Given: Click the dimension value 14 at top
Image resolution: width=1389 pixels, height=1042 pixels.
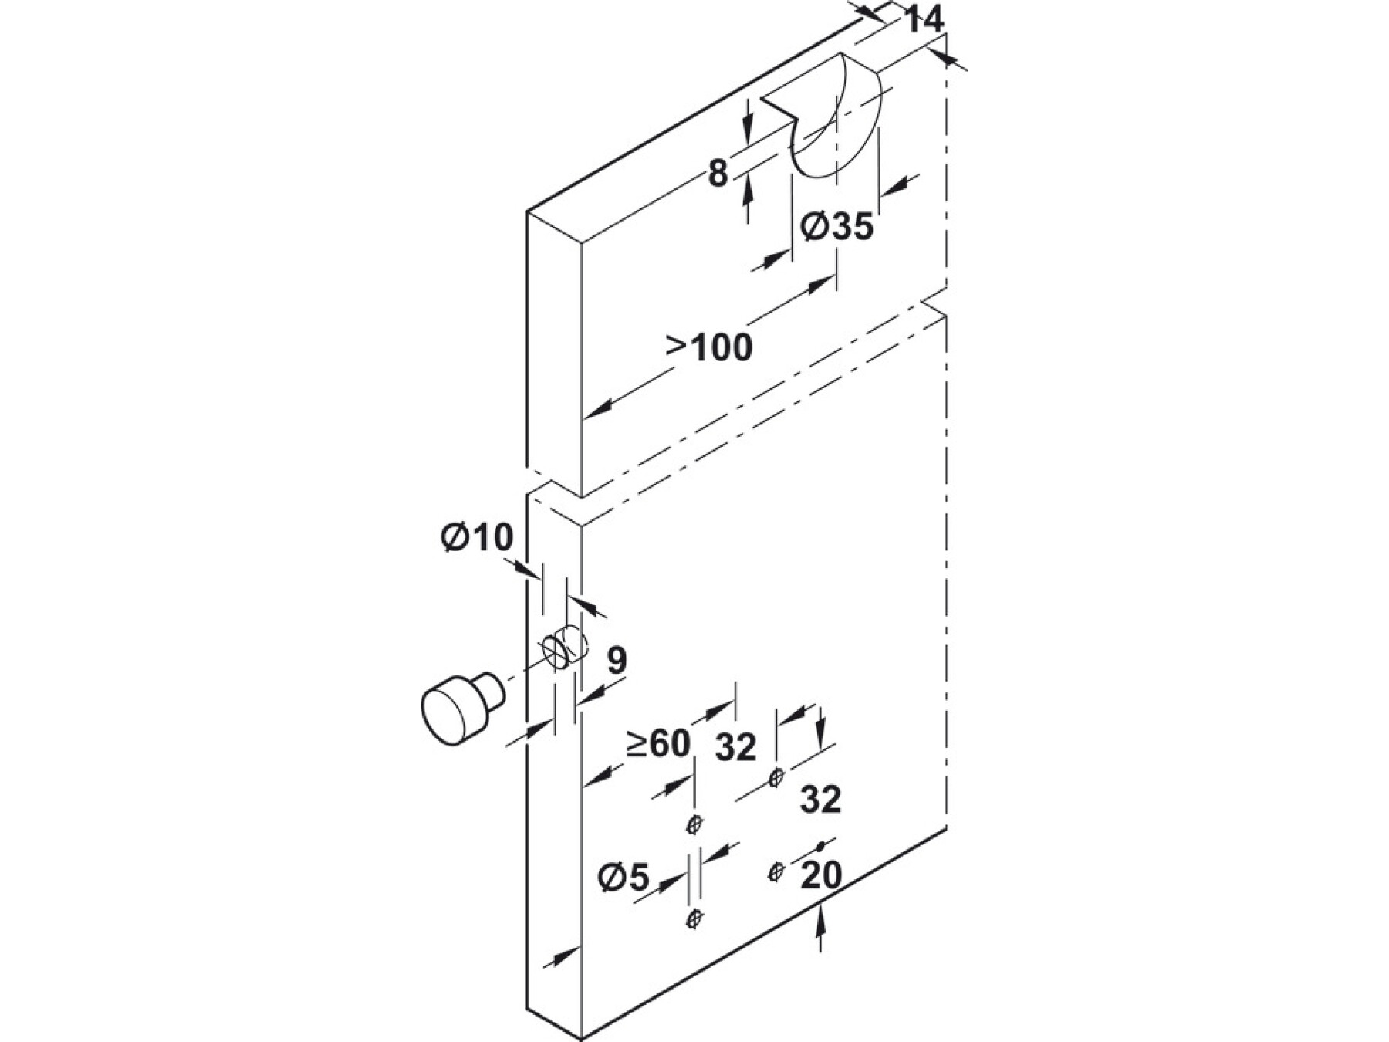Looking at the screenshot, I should tap(923, 20).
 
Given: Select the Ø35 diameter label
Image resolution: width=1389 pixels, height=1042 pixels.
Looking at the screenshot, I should tap(836, 227).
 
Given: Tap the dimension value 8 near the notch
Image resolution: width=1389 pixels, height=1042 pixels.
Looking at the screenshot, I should tap(718, 174).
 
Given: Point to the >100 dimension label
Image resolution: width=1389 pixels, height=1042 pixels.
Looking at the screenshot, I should tap(709, 347).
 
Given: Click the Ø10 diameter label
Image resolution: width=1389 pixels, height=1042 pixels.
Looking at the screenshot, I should tap(477, 537).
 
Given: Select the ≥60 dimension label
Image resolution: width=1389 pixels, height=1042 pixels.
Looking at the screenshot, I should tap(657, 744).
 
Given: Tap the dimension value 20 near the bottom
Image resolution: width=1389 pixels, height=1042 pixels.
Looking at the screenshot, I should tap(820, 875).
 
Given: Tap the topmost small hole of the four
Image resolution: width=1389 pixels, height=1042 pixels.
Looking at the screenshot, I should tap(777, 775).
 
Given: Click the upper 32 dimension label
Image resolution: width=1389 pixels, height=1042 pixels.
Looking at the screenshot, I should tap(735, 746).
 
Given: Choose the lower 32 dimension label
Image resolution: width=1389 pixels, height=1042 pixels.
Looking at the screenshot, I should tap(820, 800).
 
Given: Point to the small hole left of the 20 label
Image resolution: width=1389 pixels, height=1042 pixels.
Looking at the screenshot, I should tap(776, 871).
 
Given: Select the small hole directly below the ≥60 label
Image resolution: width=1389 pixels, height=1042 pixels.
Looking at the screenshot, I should tap(694, 825).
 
